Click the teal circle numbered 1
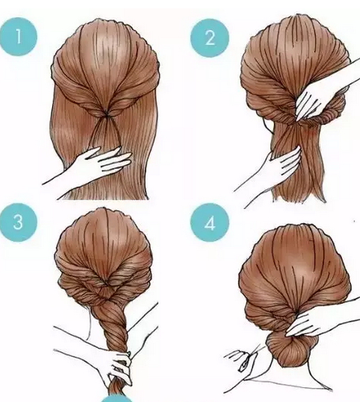[18, 37]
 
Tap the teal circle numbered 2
[210, 38]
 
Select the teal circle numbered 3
[18, 221]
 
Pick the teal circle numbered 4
[210, 223]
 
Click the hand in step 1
[103, 164]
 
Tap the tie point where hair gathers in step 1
[106, 112]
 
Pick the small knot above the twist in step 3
[106, 290]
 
